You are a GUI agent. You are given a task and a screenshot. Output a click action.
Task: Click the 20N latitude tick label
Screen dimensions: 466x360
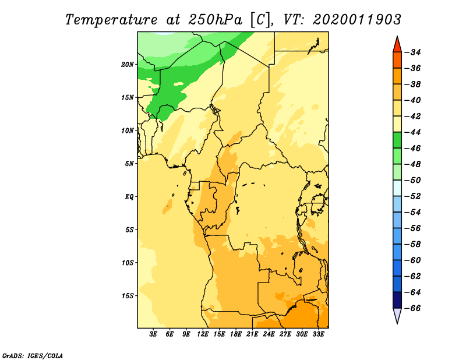coord(128,65)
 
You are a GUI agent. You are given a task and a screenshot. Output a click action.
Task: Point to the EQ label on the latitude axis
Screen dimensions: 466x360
coord(129,197)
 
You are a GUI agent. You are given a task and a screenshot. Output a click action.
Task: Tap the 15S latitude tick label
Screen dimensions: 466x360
coord(128,296)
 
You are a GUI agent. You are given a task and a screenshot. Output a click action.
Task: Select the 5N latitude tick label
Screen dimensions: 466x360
coord(129,164)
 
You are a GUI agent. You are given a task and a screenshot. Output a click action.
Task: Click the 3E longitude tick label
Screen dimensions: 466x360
coord(153,334)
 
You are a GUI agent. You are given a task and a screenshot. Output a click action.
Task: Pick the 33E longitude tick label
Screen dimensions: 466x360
coord(318,334)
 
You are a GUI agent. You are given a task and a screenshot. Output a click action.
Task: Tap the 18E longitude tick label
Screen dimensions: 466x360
coord(236,334)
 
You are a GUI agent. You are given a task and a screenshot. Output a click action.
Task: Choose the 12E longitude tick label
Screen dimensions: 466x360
coord(203,334)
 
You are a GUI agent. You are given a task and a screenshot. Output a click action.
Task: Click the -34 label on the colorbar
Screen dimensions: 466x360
coord(413,52)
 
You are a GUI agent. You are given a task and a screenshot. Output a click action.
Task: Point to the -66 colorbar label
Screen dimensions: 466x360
coord(413,308)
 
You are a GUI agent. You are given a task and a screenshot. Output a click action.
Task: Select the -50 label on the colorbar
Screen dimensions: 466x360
coord(413,180)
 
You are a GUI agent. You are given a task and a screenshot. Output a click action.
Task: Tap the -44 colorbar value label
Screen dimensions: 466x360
coord(413,132)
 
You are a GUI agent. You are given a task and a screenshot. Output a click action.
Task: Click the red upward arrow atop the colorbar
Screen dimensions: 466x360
coord(397,45)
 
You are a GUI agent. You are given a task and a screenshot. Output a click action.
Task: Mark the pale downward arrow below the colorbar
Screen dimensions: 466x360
coord(397,315)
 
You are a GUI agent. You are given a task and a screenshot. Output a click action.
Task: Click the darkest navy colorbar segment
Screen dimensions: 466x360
coord(397,300)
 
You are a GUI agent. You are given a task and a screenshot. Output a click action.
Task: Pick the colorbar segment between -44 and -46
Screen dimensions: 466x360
coord(397,140)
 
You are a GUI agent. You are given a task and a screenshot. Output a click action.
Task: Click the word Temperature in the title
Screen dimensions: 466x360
coord(111,20)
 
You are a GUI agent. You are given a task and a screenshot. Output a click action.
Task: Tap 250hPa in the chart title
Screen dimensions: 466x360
coord(215,20)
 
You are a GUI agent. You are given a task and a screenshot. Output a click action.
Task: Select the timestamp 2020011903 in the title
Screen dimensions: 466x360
coord(357,20)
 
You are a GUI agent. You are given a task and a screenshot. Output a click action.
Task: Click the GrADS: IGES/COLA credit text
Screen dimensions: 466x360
coord(33,356)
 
